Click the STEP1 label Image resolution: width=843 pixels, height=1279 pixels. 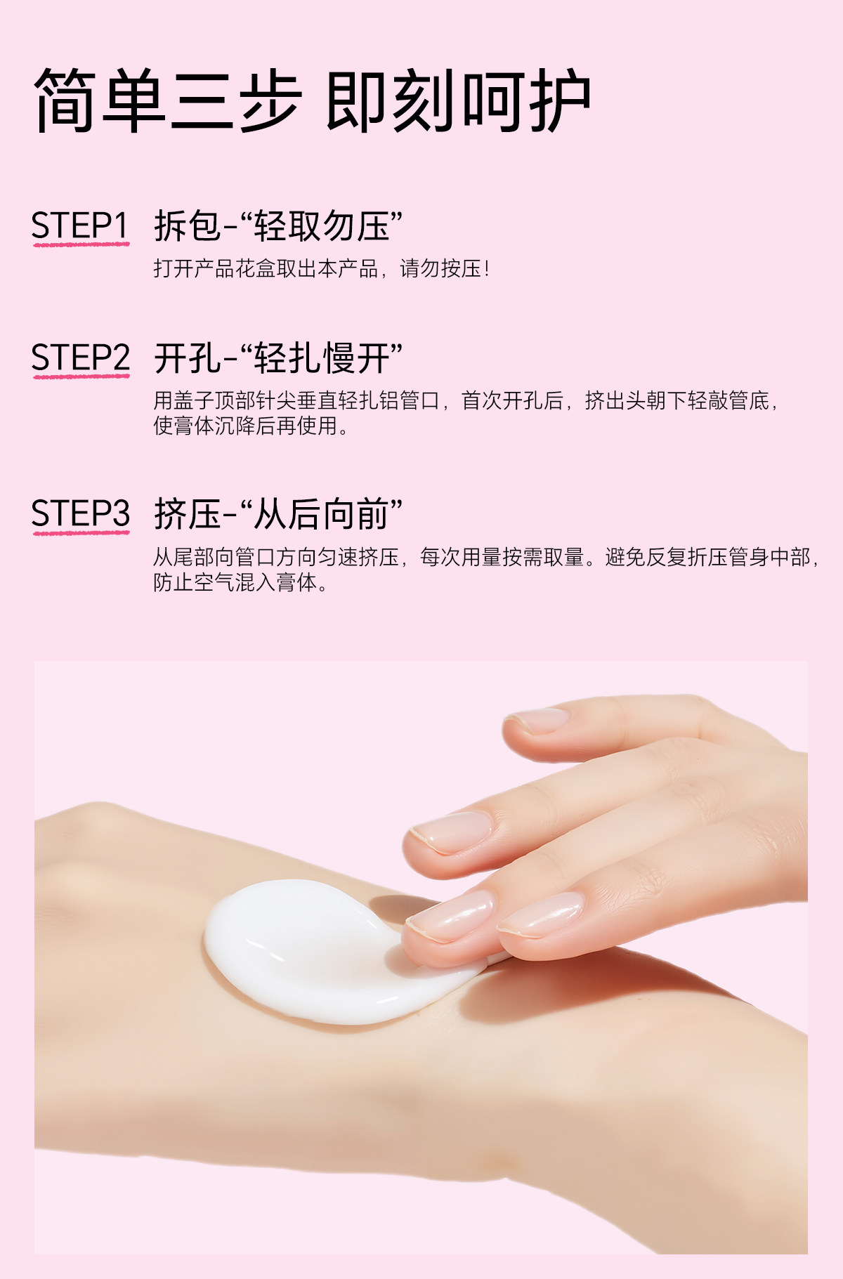(x=80, y=225)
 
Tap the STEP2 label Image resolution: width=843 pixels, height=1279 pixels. (x=81, y=358)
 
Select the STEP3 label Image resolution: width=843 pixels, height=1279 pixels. (x=81, y=513)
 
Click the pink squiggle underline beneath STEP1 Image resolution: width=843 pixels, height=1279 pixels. (x=81, y=244)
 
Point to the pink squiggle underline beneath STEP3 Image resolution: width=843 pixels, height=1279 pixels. (x=81, y=532)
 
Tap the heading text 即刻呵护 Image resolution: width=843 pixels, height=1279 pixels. (x=458, y=100)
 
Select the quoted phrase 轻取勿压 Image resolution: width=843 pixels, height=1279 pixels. (x=322, y=226)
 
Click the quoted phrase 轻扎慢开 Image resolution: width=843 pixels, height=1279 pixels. (x=322, y=358)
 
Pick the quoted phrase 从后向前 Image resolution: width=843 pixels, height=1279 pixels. (x=322, y=514)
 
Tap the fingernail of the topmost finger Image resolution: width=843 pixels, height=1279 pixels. (x=537, y=721)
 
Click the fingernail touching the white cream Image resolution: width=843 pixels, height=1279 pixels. (x=450, y=917)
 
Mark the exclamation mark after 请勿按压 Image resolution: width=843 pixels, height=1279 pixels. (x=487, y=268)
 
